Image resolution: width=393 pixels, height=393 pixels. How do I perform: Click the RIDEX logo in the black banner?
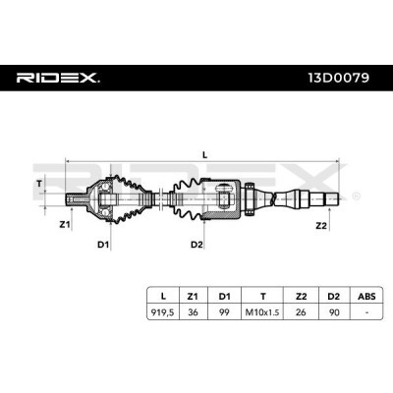coord(58,78)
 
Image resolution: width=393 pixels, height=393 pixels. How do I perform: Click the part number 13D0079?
coord(339,78)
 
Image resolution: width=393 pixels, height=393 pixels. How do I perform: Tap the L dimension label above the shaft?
coord(205,155)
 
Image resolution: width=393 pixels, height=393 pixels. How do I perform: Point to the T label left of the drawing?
coord(39,184)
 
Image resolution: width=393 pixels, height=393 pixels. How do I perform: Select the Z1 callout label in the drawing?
coord(65,224)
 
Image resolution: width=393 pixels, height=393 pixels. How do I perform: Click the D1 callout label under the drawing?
coord(103,245)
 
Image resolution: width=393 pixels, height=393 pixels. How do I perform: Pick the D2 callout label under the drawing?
coord(196,245)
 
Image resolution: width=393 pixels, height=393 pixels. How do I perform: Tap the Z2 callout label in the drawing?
coord(321,225)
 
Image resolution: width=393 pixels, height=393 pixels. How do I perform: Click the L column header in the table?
coord(163,297)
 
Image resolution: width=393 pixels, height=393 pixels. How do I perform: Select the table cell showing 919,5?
coord(163,312)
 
